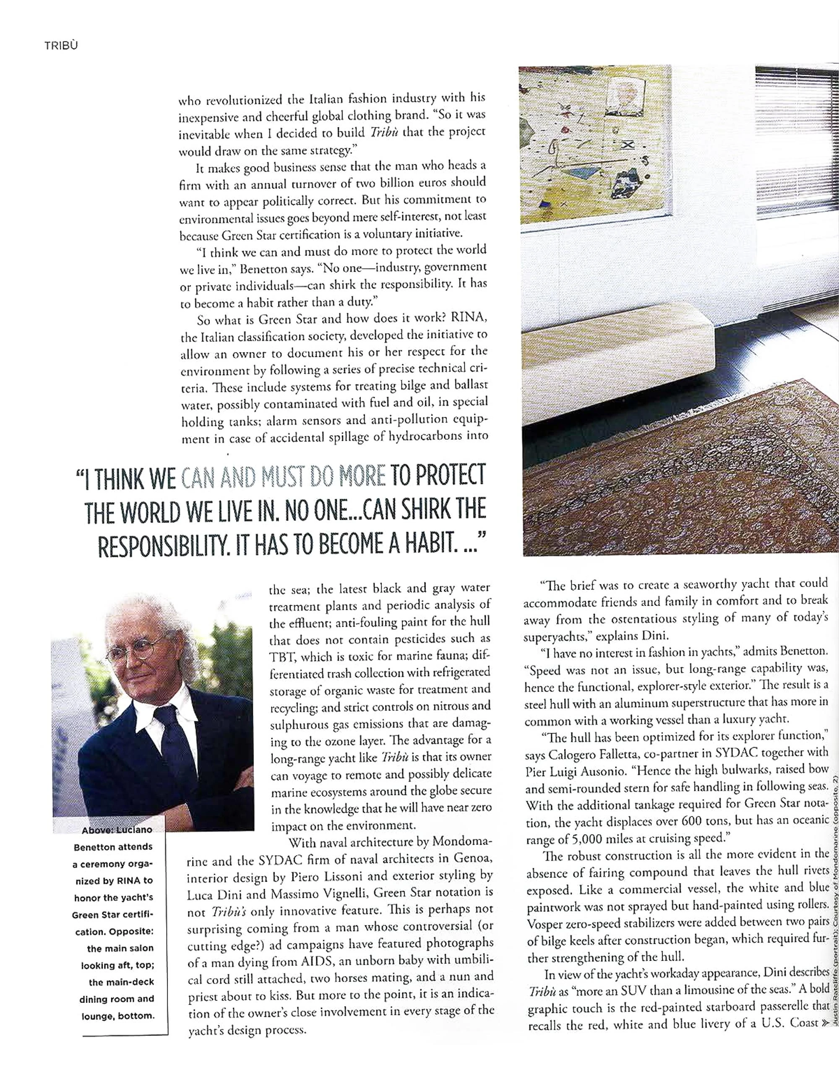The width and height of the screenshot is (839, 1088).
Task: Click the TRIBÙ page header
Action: (61, 46)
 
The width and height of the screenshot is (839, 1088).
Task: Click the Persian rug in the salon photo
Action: (673, 473)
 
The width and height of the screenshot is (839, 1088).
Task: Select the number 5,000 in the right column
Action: (579, 839)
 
